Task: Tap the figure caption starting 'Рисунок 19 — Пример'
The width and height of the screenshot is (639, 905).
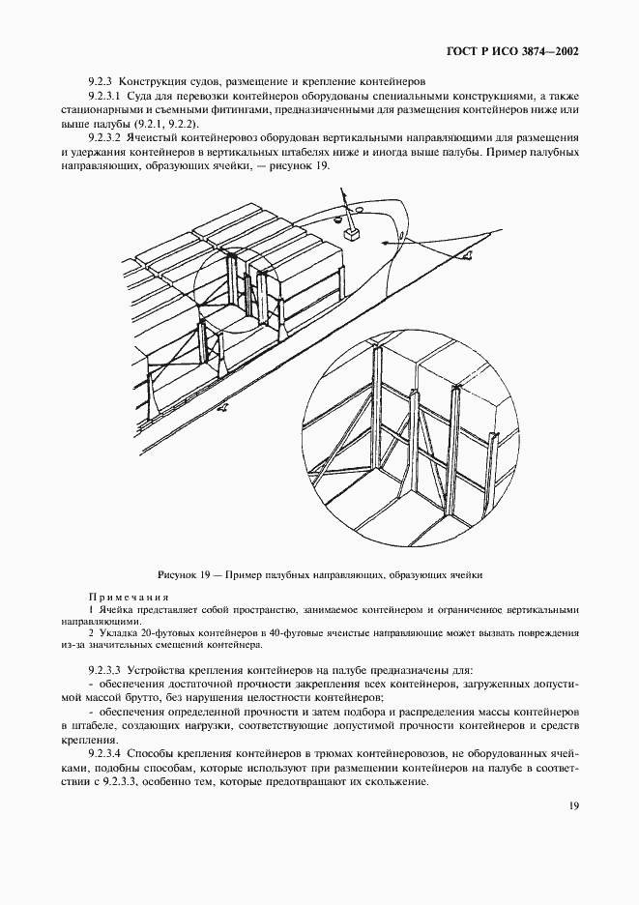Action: tap(319, 574)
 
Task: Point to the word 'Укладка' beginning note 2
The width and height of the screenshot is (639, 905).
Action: tap(116, 633)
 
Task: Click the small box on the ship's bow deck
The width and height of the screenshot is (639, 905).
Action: tap(351, 233)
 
